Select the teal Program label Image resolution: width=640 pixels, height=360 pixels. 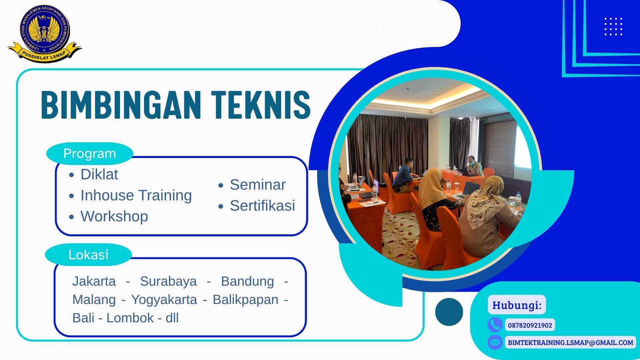90,154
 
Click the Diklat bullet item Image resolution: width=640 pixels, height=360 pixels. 99,174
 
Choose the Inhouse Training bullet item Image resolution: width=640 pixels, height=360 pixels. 136,195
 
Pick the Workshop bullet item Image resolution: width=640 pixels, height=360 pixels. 114,216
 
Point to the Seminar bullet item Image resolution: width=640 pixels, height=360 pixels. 258,185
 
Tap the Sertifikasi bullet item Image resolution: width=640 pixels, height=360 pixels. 262,206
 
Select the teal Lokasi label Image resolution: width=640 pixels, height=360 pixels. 88,255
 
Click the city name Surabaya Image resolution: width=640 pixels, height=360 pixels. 168,281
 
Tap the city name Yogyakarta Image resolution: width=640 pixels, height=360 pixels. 164,300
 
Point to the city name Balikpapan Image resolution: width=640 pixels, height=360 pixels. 245,300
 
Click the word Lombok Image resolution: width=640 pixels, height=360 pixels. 130,318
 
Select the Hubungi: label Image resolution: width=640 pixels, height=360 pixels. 517,305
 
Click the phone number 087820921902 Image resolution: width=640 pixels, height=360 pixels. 530,325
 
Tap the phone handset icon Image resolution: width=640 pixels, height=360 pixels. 495,325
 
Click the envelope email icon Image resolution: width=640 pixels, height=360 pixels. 495,342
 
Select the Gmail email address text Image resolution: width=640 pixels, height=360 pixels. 570,342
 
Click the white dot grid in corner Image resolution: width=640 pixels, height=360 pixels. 613,27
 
